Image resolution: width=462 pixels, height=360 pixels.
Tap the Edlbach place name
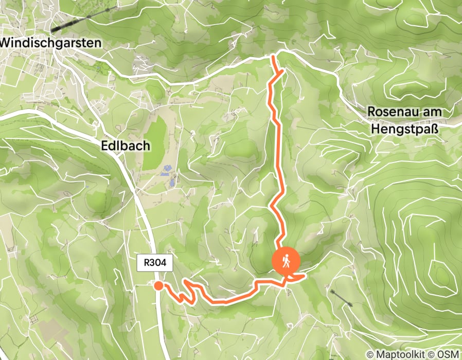126,146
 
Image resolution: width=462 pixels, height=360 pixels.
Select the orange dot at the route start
158,286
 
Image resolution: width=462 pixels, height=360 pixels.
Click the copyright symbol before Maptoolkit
369,354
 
